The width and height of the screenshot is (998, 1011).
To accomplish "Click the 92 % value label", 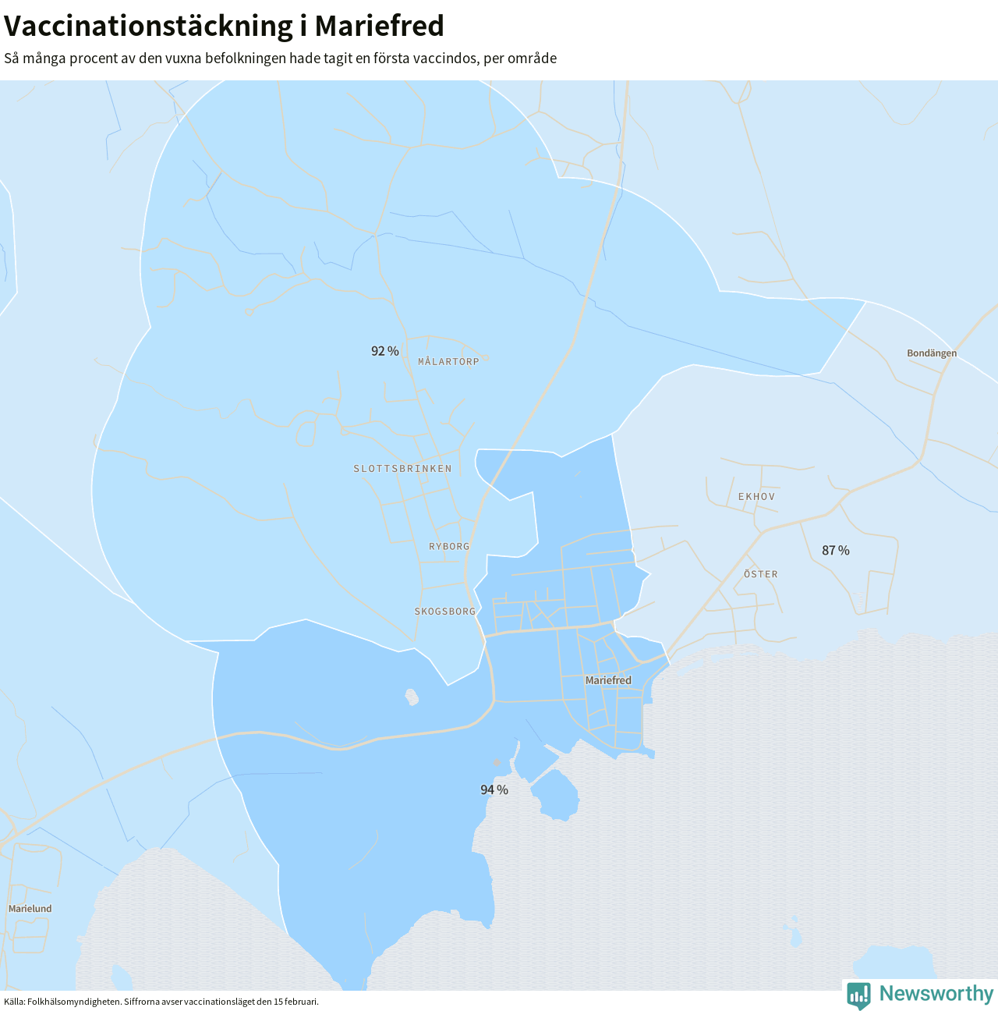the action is click(385, 351).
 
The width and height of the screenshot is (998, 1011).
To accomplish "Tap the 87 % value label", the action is click(836, 551).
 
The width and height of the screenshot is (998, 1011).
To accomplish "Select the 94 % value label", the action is click(494, 790).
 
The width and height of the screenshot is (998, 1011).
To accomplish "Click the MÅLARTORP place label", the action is click(448, 362).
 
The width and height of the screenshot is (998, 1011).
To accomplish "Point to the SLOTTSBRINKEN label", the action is click(402, 469).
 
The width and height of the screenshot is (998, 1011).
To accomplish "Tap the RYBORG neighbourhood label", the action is click(449, 547).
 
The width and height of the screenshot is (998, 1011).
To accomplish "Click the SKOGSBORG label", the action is click(445, 612).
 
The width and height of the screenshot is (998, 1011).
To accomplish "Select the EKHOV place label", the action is click(756, 497).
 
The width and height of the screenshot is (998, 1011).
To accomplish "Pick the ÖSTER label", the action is click(760, 574).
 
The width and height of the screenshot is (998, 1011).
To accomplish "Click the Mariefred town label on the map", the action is click(608, 681).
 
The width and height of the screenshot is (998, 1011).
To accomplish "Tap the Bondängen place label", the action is click(932, 353).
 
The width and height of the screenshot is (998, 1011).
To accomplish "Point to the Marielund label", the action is click(30, 909).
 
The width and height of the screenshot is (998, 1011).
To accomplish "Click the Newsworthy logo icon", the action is click(858, 995).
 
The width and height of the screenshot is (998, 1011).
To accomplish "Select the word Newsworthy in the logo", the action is click(936, 994).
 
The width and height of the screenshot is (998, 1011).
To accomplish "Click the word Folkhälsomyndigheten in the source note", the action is click(74, 1002).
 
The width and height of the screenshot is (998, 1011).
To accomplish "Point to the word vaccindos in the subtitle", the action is click(448, 59).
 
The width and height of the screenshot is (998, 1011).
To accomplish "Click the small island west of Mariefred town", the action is click(412, 696).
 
